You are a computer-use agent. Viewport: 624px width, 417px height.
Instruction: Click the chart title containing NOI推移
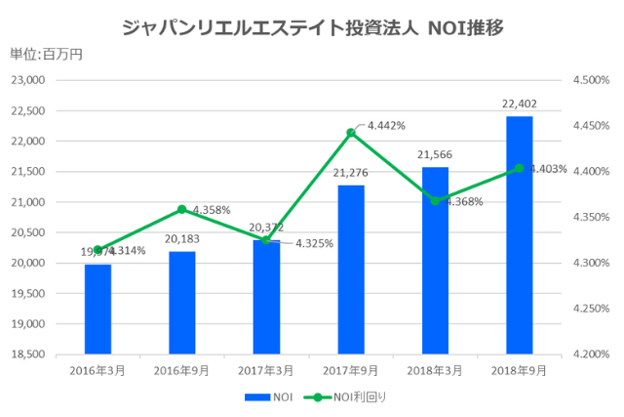313,26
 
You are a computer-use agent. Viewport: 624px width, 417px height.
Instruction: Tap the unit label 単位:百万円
46,54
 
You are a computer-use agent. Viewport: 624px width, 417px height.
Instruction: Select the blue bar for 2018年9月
519,234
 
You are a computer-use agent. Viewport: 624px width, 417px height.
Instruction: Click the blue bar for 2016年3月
97,309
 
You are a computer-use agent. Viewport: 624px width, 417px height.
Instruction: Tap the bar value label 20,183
181,238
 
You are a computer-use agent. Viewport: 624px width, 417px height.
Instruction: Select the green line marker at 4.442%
351,132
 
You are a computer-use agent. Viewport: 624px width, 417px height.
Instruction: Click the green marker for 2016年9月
182,209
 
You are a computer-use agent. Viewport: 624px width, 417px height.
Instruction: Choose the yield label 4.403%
548,169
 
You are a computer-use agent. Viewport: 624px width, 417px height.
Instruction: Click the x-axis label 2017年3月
266,370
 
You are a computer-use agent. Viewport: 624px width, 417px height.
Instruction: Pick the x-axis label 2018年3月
435,370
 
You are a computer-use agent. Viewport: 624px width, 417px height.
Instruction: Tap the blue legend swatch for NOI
255,397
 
